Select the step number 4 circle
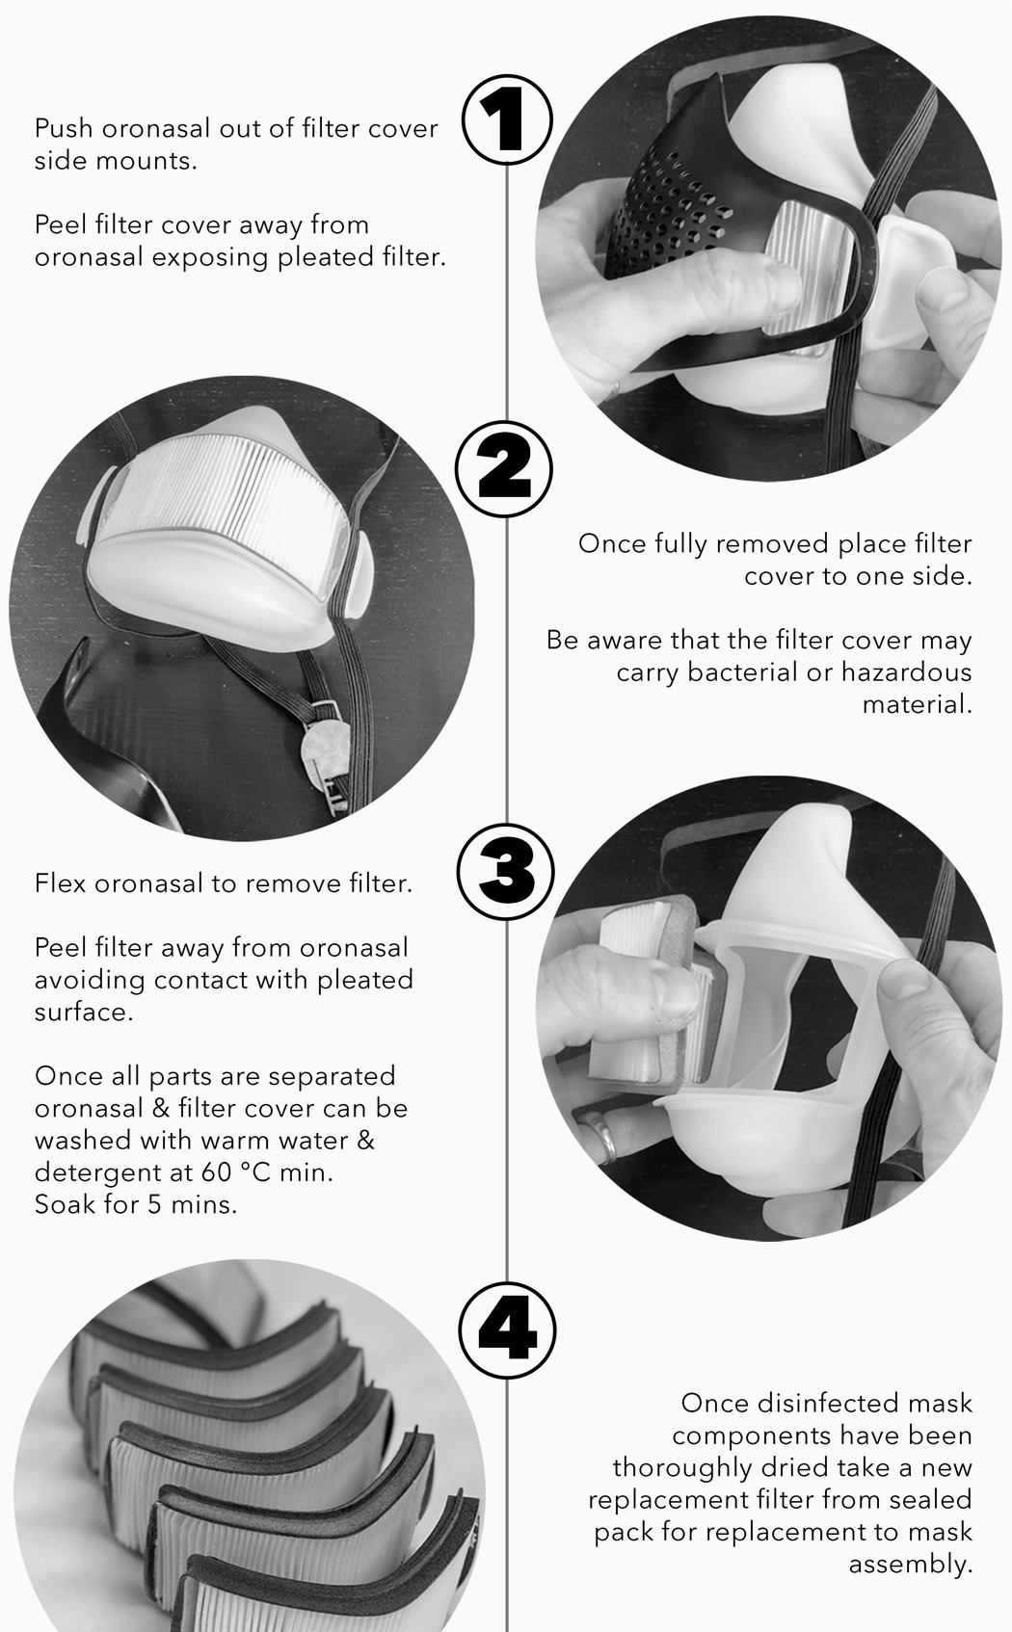[x=507, y=1331]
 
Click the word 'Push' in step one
[x=64, y=128]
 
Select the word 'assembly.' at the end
[x=910, y=1564]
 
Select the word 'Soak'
[x=65, y=1204]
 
